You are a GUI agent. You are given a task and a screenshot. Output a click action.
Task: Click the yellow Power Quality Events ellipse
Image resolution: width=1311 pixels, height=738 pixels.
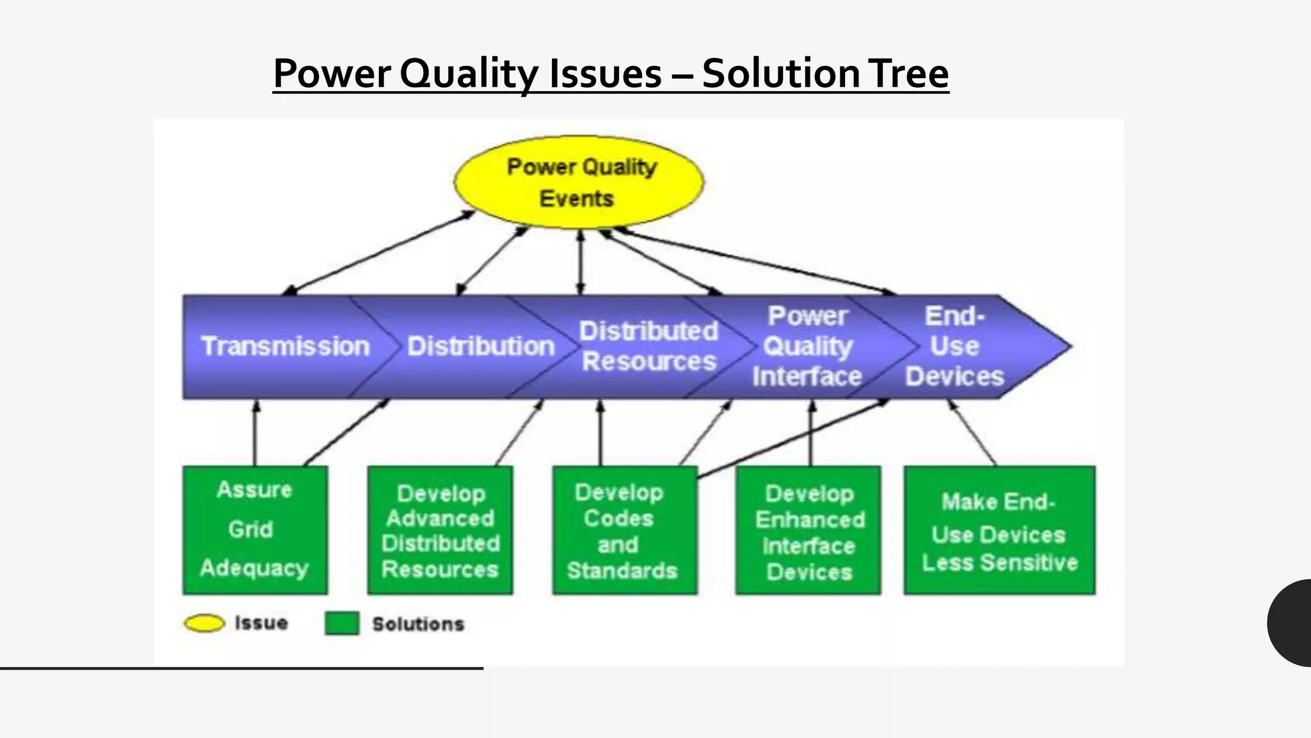tap(578, 183)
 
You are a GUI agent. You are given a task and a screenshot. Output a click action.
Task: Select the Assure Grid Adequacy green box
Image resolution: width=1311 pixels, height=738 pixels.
tap(255, 530)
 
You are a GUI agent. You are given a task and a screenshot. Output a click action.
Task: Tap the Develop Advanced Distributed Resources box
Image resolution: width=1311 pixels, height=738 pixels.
tap(440, 530)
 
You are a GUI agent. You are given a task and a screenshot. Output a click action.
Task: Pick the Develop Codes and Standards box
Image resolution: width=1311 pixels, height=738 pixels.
tap(624, 530)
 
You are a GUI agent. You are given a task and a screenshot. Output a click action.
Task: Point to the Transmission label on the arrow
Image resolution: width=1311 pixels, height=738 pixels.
tap(286, 347)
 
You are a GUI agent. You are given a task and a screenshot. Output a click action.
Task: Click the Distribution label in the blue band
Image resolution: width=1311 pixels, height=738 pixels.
tap(481, 347)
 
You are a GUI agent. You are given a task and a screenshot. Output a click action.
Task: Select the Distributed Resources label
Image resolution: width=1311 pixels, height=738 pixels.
tap(648, 347)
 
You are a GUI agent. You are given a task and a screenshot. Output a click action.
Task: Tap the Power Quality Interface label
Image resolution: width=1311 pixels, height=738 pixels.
tap(807, 347)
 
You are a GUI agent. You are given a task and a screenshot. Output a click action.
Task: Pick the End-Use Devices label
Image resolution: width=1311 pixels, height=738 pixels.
tap(954, 347)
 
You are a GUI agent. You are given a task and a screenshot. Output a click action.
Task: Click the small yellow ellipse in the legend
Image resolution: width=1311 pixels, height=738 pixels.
tap(204, 623)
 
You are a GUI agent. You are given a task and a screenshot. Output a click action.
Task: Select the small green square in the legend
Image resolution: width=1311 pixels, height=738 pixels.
tap(342, 623)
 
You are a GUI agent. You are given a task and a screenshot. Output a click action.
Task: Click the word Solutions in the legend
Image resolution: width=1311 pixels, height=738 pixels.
tap(418, 624)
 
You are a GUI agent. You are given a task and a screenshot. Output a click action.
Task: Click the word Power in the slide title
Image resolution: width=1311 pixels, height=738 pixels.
tap(332, 73)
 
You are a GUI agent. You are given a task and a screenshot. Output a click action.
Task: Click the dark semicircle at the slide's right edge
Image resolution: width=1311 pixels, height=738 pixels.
tap(1292, 623)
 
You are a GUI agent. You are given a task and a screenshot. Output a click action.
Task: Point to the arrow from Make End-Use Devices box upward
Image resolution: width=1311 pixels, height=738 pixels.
tap(973, 433)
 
